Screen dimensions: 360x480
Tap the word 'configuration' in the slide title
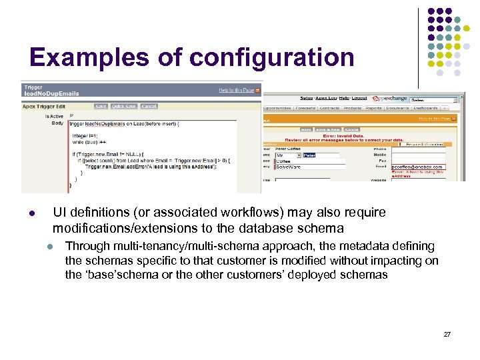(273, 59)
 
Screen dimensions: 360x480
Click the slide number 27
(447, 334)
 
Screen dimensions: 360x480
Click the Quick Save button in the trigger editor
(124, 106)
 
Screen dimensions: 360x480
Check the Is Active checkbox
(71, 115)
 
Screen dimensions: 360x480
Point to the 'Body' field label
(58, 123)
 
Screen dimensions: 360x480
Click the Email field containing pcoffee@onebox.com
(426, 167)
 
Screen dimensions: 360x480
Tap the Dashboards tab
(425, 107)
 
